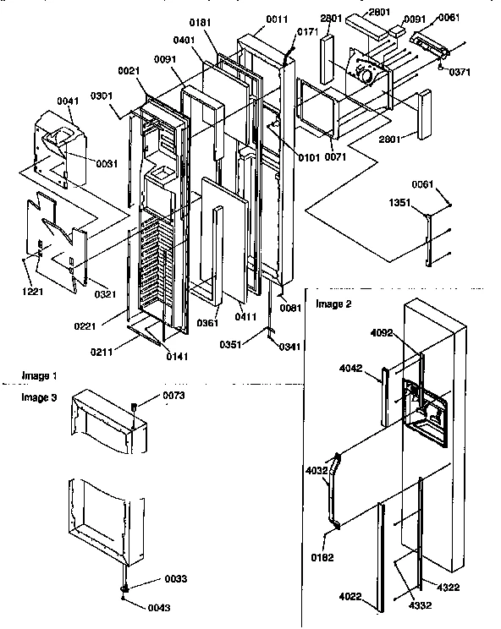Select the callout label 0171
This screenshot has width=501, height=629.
click(x=307, y=31)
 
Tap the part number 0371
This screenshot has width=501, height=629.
click(x=460, y=73)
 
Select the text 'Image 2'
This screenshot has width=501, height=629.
click(x=332, y=303)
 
